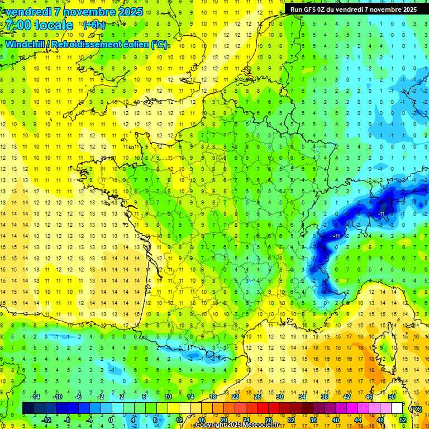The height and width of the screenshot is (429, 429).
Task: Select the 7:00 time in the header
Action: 21,25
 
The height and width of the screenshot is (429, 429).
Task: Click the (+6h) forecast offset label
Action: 93,25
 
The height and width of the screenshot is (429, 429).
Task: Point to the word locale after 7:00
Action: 55,25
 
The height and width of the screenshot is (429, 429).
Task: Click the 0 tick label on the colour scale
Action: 110,420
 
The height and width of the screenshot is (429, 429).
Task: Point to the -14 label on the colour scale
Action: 35,396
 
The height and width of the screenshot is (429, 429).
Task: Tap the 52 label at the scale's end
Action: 403,420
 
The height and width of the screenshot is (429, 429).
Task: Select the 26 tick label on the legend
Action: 257,396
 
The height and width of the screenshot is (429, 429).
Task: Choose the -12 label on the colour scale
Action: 46,420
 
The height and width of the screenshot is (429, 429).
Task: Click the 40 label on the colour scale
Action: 336,420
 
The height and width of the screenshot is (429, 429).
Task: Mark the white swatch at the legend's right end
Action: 397,408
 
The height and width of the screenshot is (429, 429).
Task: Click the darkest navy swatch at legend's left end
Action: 28,408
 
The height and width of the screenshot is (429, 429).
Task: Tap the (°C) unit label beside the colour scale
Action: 416,408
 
